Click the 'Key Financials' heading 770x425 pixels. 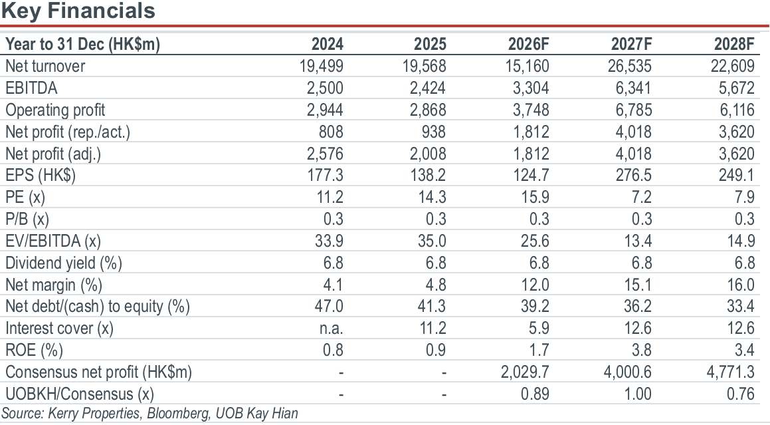pos(78,11)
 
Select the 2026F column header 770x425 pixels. pos(528,45)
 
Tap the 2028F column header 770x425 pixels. pos(734,45)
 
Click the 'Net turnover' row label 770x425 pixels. pos(45,66)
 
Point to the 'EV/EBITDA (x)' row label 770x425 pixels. pos(53,241)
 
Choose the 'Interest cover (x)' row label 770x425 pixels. pos(59,328)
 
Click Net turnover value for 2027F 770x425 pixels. pos(630,66)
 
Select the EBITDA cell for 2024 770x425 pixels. pos(325,88)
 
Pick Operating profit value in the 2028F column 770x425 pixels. pos(737,110)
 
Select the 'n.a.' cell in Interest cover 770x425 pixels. pos(332,328)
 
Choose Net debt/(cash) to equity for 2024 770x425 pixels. pos(329,307)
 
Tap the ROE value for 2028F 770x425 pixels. pos(745,351)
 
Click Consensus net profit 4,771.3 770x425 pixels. pos(731,372)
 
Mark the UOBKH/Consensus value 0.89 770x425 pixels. pos(535,394)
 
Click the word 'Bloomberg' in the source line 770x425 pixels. pos(178,414)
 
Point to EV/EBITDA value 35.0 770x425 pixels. pos(432,241)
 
